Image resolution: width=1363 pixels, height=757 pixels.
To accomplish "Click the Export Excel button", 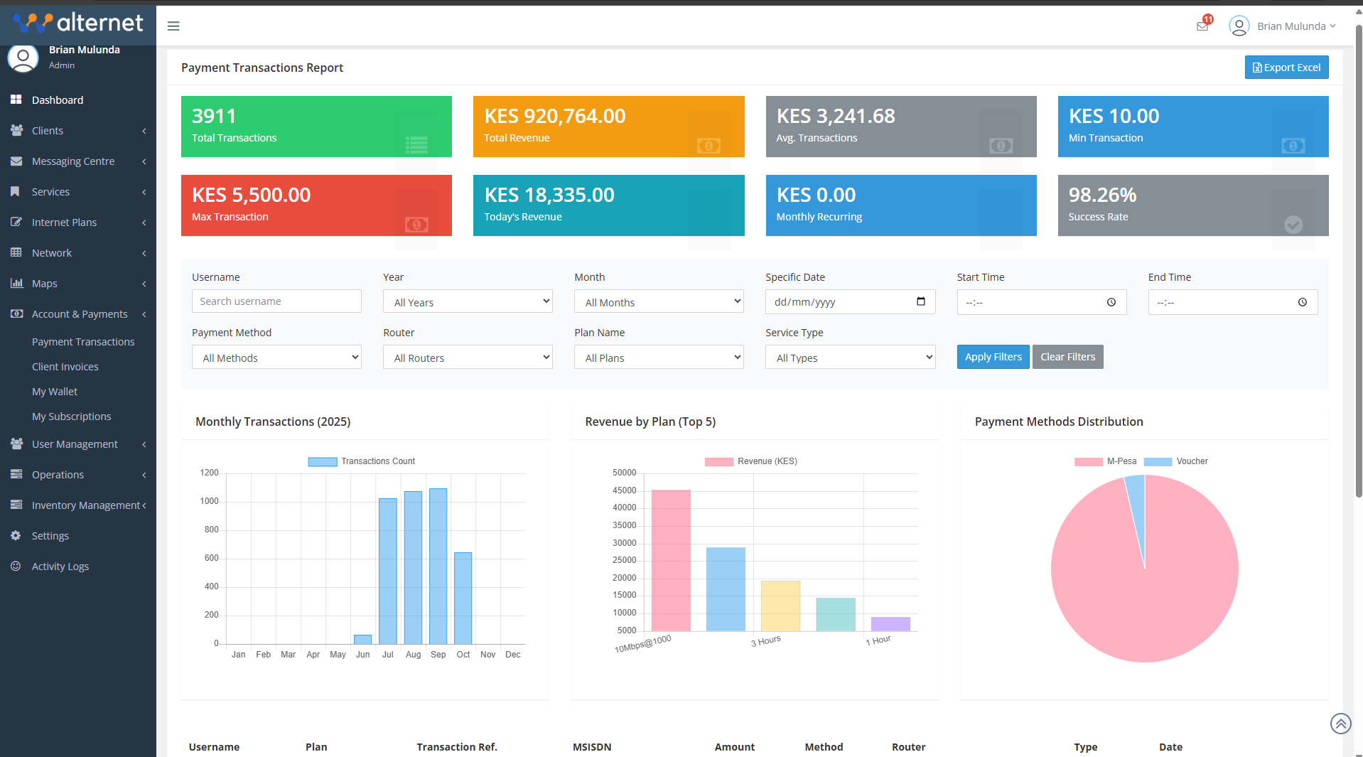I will pos(1286,68).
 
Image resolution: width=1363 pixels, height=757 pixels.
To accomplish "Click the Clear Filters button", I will pos(1067,357).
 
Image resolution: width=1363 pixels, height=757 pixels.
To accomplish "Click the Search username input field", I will pos(276,301).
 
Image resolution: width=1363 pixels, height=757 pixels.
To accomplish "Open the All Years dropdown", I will pos(468,302).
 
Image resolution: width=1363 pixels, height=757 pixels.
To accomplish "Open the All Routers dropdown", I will pos(468,358).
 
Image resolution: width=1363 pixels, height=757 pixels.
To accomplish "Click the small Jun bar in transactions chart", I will pos(362,639).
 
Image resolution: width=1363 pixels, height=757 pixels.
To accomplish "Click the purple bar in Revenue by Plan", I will pos(890,623).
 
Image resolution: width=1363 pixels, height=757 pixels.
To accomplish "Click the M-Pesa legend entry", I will pos(1106,461).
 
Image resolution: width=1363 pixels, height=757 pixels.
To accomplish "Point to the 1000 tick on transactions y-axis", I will pos(210,501).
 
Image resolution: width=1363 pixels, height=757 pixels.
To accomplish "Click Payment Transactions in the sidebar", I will pos(83,342).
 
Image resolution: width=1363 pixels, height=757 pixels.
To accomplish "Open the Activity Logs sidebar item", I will pos(60,567).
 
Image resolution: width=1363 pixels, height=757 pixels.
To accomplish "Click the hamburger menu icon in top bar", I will pos(173,26).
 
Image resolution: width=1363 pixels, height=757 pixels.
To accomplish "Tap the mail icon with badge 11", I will pos(1202,26).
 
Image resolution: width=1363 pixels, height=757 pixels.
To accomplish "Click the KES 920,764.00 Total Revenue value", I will pos(555,116).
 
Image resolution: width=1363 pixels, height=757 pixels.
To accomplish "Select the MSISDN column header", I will pos(592,747).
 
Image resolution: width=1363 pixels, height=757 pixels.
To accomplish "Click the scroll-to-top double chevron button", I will pos(1340,724).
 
